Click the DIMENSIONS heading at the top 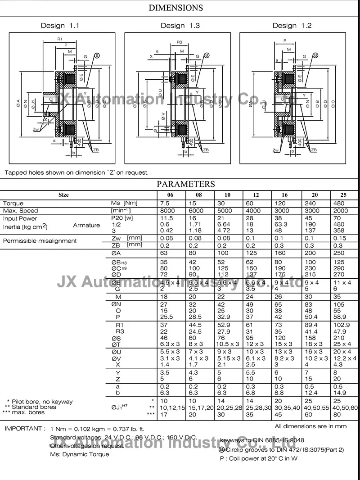(x=175, y=8)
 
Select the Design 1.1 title (x=60, y=26)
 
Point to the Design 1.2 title (x=292, y=26)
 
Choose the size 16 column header (x=284, y=195)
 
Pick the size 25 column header (x=343, y=195)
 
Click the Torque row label (x=13, y=204)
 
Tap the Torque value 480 (x=339, y=204)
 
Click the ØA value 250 (x=339, y=253)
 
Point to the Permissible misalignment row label (x=40, y=241)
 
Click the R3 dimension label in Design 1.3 (x=179, y=42)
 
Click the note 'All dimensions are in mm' (x=310, y=426)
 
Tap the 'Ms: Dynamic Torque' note (x=80, y=454)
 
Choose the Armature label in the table (x=86, y=225)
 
